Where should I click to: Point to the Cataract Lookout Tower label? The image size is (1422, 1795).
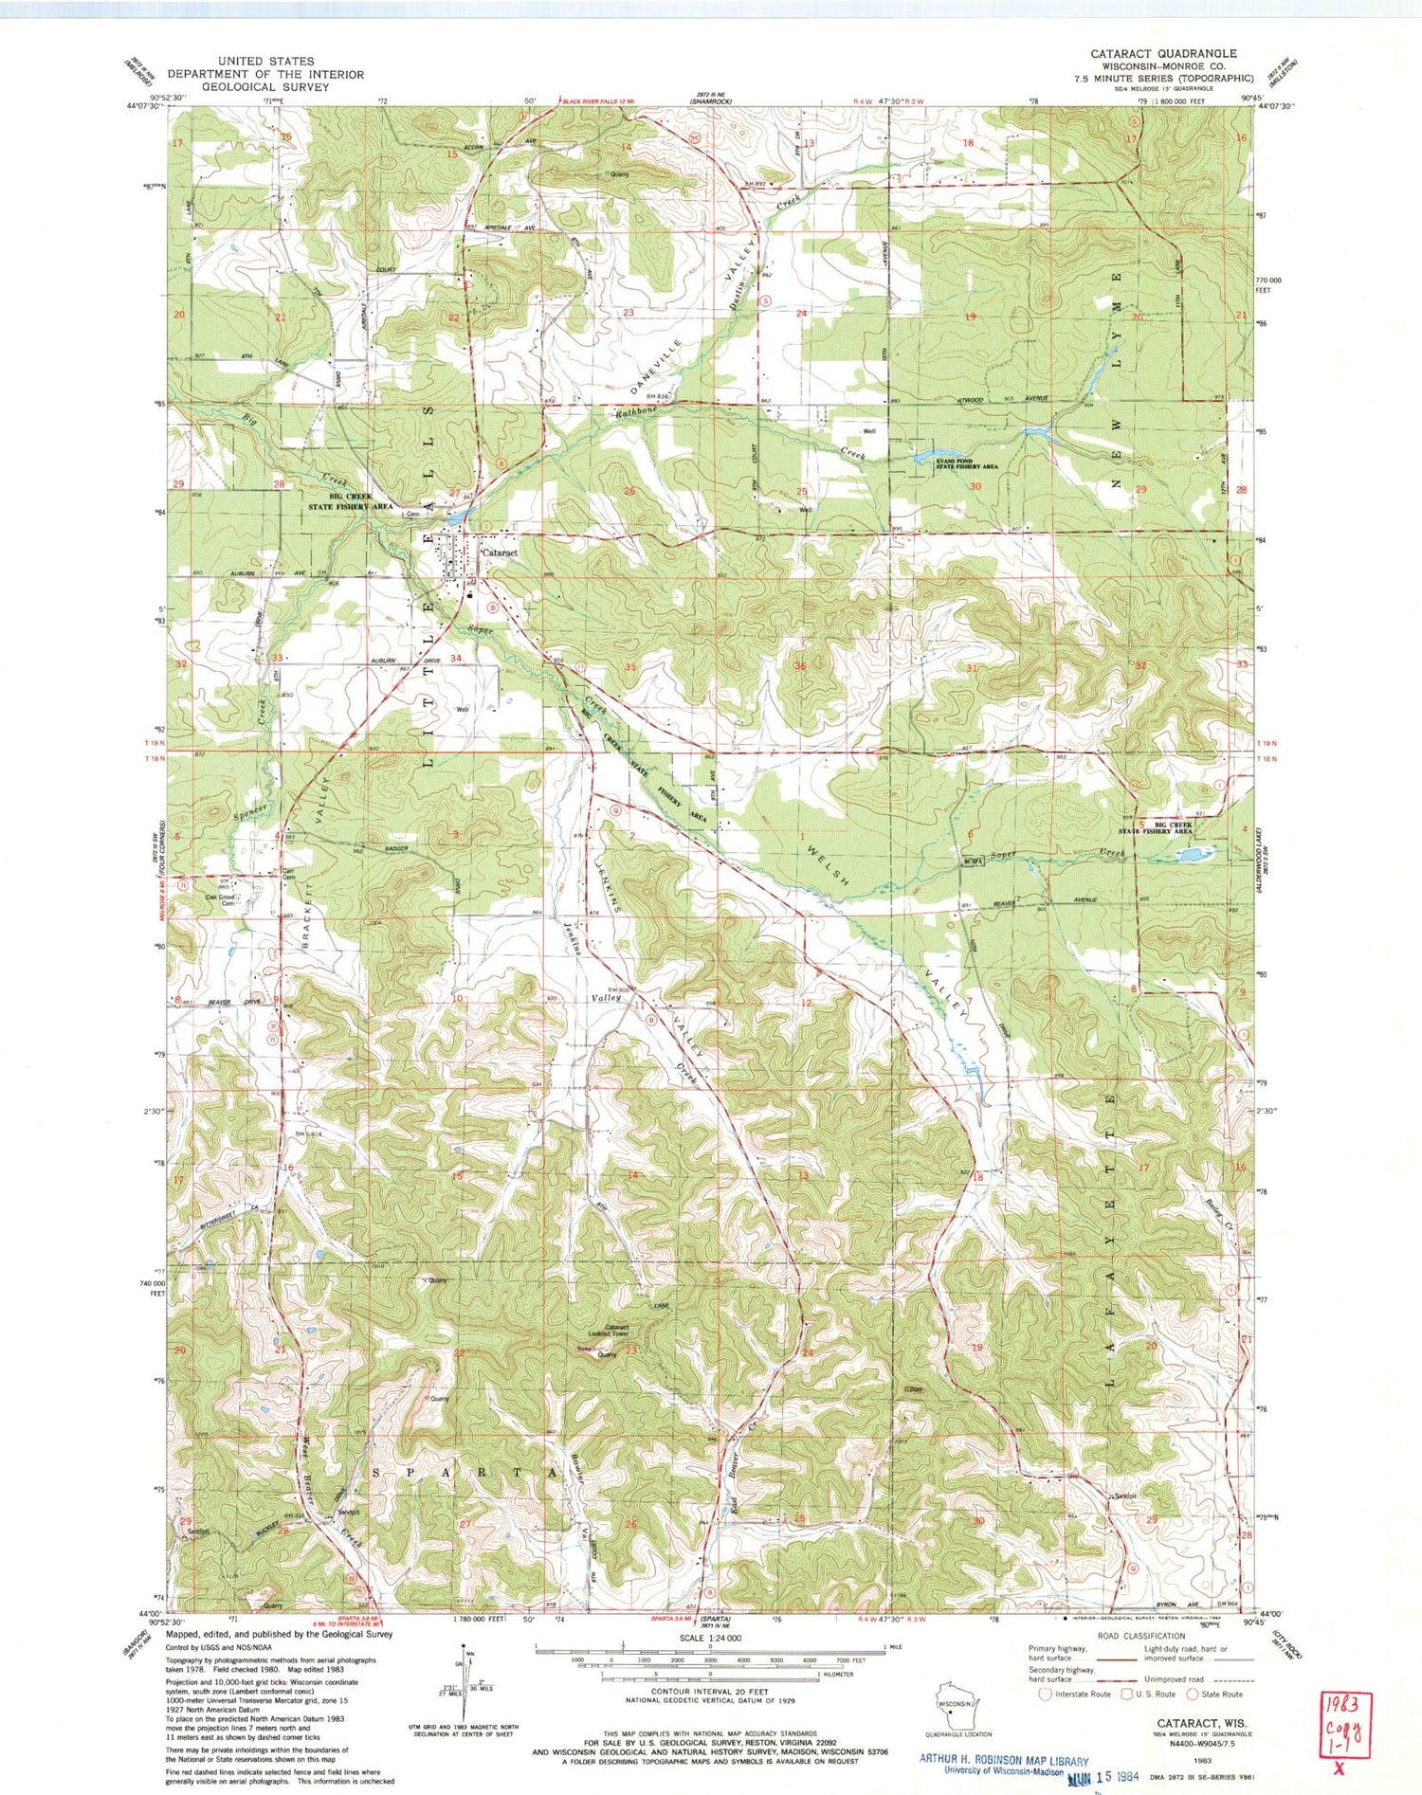(617, 1332)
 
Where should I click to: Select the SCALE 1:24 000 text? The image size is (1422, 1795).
(710, 1638)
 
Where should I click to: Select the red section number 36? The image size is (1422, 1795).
(799, 666)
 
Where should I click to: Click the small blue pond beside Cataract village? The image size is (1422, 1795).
(453, 519)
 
